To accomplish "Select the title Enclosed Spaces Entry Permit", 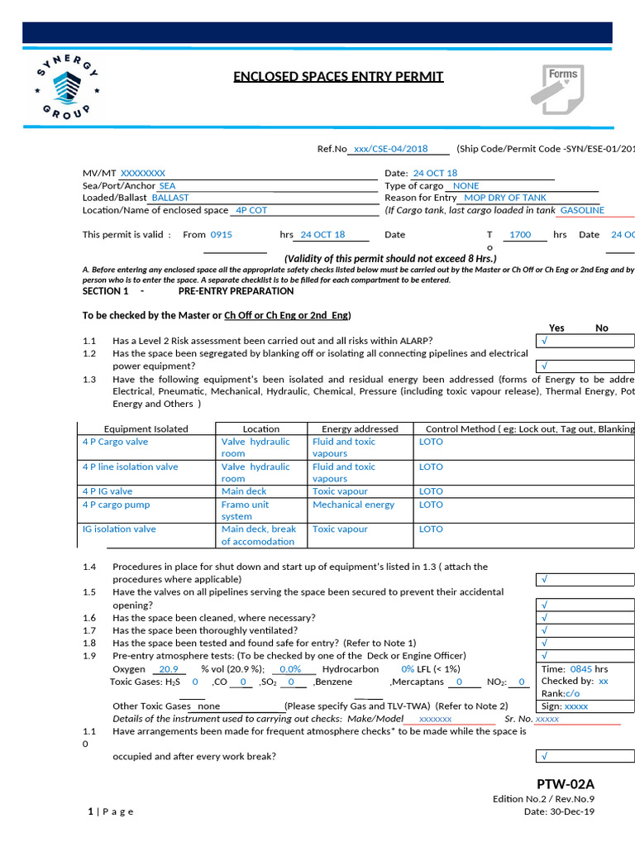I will point(338,77).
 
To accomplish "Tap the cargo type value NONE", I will point(466,186).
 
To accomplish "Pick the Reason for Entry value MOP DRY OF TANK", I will point(505,198).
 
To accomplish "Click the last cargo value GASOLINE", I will point(582,210).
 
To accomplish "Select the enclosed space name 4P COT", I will point(251,210).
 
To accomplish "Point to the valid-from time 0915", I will point(222,235).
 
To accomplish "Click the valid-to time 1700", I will point(520,235).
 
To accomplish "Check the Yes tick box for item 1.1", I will point(585,341).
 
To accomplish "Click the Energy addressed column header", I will point(360,428).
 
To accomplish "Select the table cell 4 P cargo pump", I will point(117,505).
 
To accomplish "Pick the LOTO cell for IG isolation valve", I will point(431,529).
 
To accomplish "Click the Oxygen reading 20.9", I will point(169,669).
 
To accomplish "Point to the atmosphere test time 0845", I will point(580,668).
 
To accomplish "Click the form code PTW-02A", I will point(566,784).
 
